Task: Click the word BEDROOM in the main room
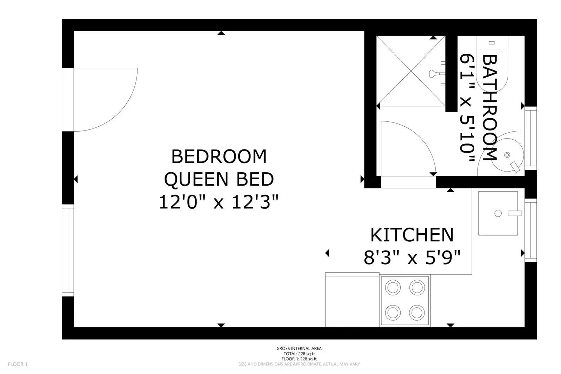pos(219,156)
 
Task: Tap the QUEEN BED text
pos(219,179)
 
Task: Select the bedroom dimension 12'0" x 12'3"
pos(219,202)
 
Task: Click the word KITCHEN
pos(412,235)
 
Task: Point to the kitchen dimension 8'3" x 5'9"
pos(412,258)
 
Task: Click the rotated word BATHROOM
pos(489,108)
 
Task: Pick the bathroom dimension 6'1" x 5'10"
pos(467,108)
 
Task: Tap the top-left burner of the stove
pos(393,288)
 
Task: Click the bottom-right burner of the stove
pos(417,313)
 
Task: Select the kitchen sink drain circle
pos(498,213)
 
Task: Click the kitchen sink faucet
pos(515,213)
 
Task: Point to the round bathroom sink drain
pos(507,155)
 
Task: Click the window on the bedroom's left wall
pos(68,251)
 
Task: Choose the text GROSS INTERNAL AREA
pos(299,348)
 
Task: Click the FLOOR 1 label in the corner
pos(18,364)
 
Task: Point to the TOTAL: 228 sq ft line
pos(299,354)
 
